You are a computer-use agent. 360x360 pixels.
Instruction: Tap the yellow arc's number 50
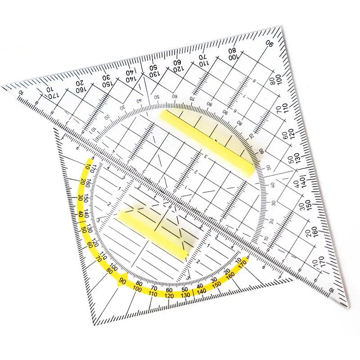85,229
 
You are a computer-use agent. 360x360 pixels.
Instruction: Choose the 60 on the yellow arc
90,245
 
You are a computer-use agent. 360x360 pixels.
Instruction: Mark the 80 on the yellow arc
108,270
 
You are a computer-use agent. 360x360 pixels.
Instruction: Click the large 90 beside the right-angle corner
270,44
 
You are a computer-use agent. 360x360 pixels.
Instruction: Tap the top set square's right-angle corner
284,28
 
